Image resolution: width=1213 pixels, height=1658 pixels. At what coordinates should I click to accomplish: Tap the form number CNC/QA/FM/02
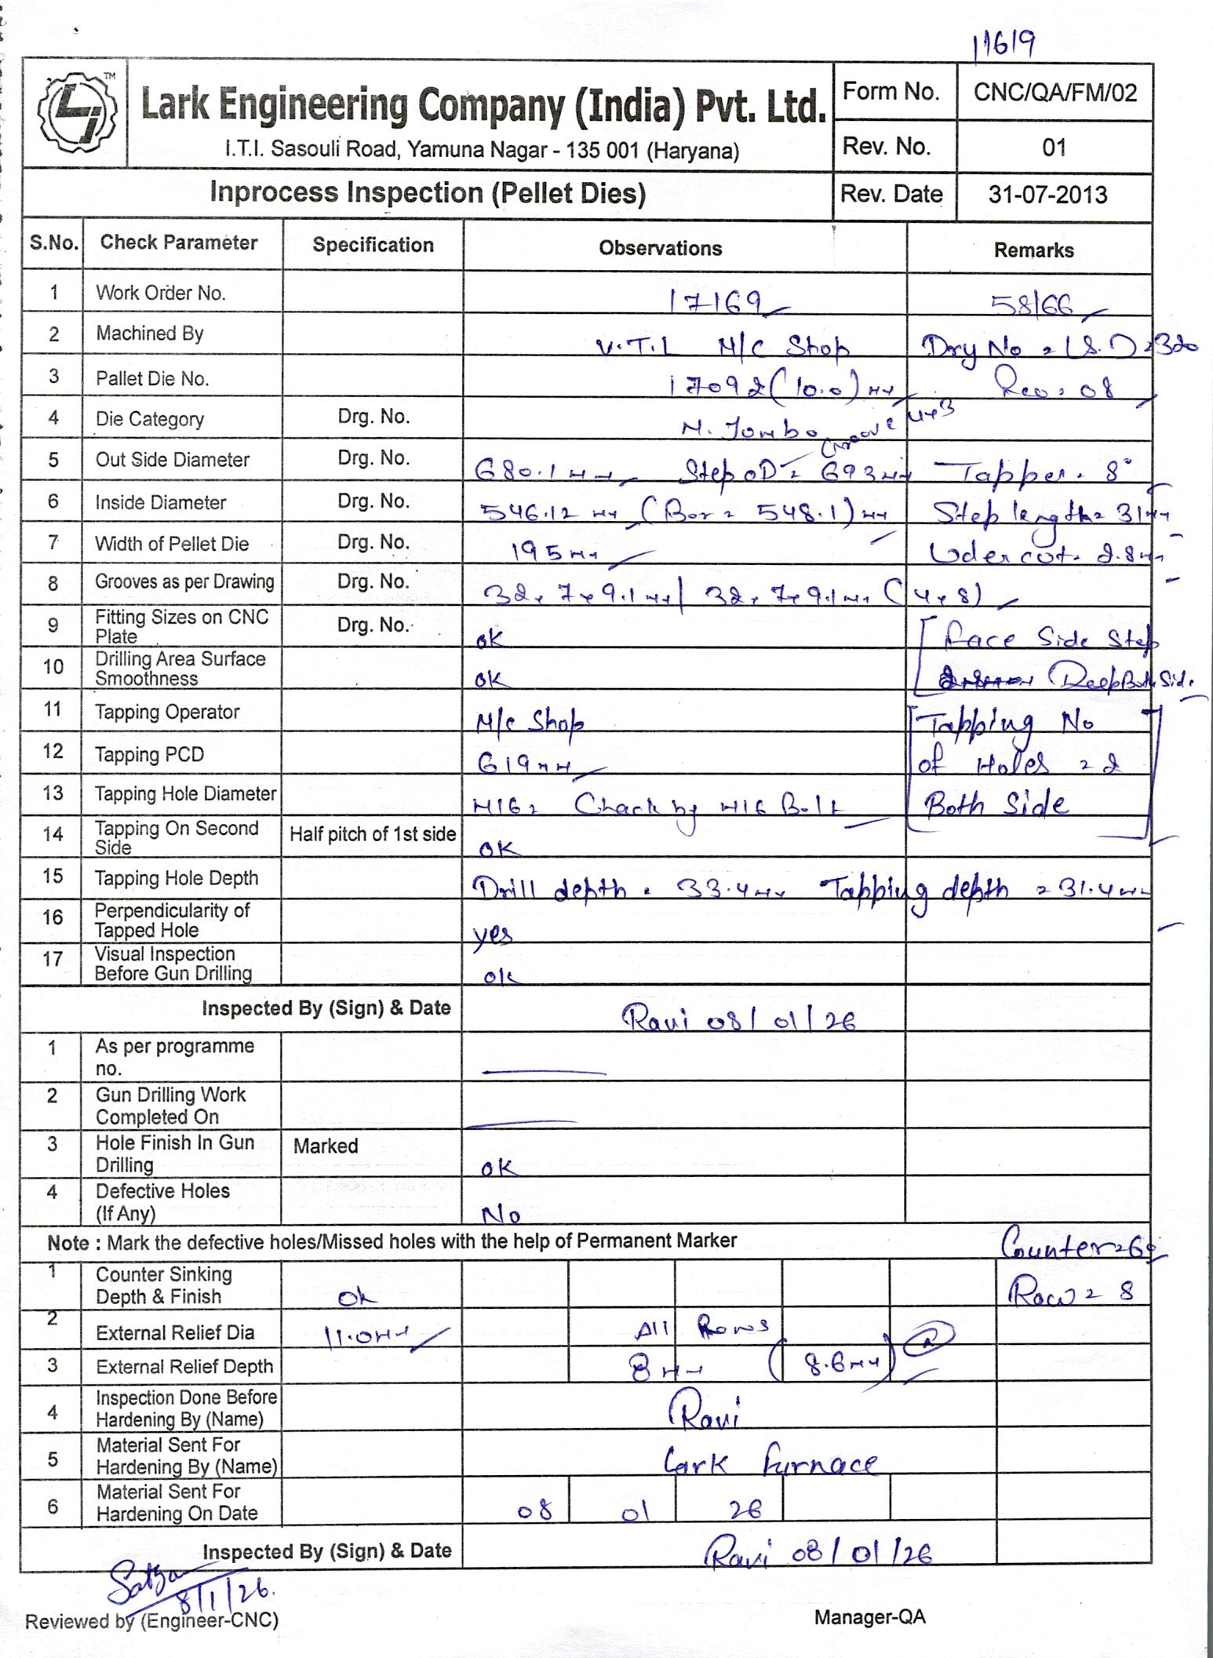[1055, 93]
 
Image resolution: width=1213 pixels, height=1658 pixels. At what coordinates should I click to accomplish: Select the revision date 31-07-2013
[1047, 195]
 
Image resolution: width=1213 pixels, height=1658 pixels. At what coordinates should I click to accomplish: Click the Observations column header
[660, 249]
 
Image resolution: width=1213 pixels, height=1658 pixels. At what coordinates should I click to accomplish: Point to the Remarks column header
[1033, 250]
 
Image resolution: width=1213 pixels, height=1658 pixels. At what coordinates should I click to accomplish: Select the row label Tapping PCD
[149, 755]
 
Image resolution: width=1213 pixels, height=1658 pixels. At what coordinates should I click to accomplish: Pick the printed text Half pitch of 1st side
[372, 834]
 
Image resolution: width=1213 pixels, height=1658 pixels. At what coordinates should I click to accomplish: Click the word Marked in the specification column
[326, 1146]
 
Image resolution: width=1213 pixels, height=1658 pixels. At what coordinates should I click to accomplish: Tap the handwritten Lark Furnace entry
[770, 1463]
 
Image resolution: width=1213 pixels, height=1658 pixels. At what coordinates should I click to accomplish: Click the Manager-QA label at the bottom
[869, 1616]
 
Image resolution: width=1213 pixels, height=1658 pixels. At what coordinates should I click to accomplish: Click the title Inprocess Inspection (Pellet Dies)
[428, 193]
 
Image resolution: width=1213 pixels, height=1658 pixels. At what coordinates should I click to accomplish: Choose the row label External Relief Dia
[174, 1332]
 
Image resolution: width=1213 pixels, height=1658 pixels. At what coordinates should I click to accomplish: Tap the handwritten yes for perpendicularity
[493, 934]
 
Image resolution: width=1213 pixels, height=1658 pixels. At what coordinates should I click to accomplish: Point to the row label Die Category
[149, 419]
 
